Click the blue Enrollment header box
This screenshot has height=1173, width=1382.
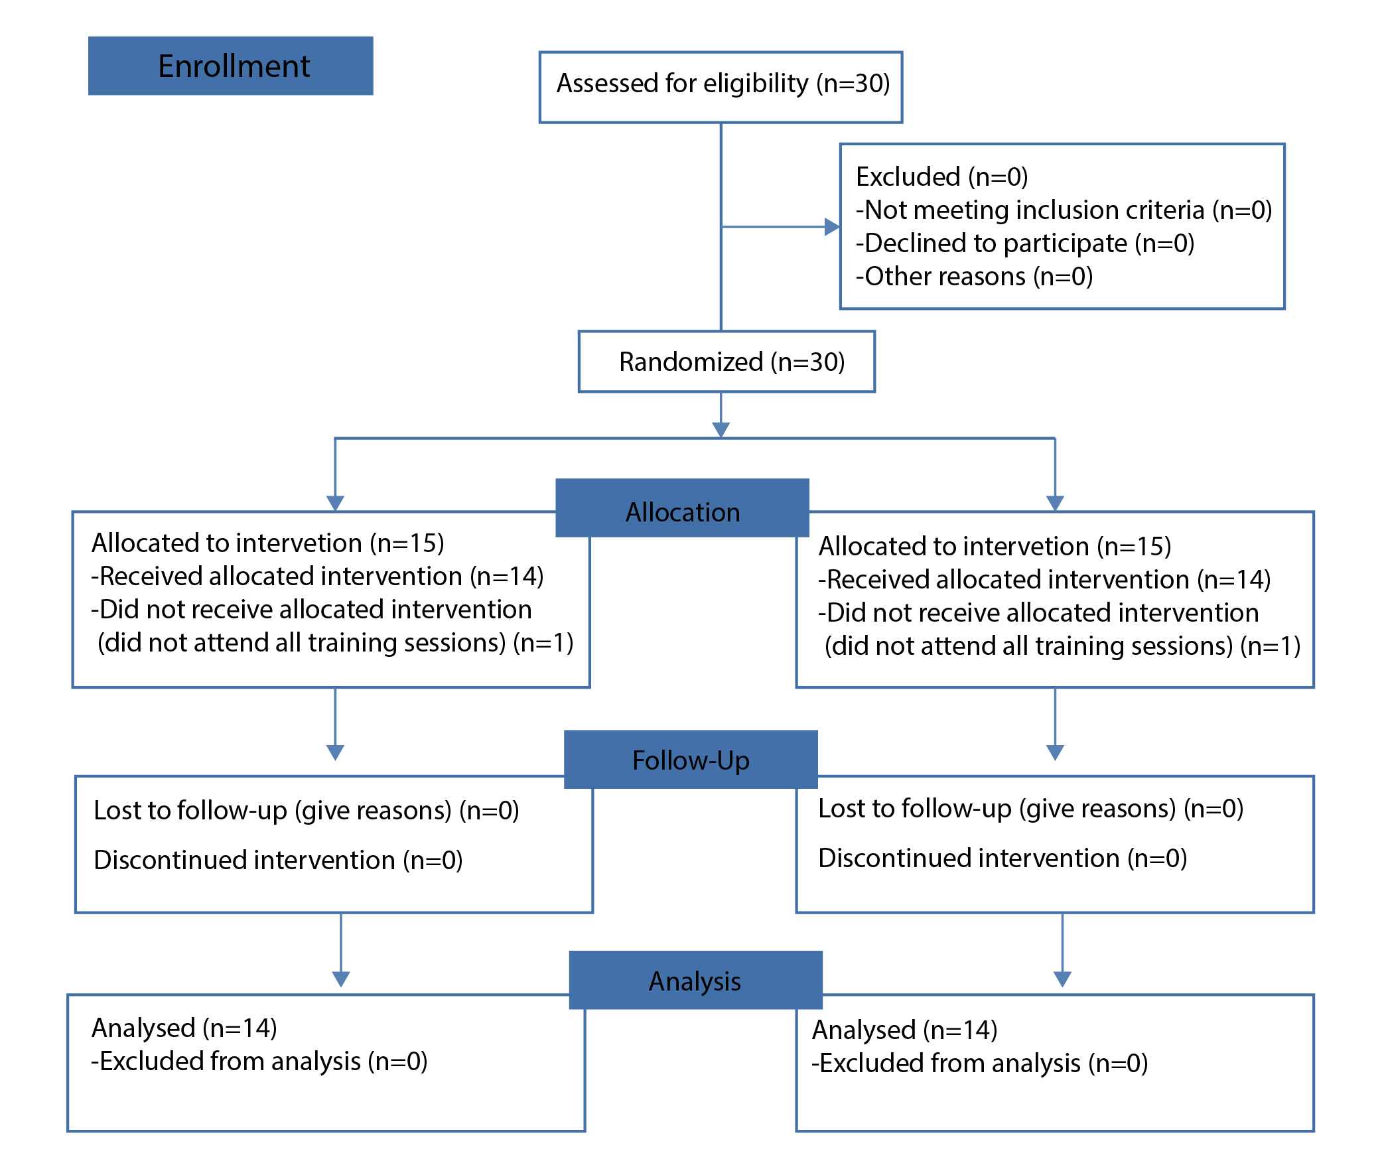coord(230,66)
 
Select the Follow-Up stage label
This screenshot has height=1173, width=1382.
coord(691,760)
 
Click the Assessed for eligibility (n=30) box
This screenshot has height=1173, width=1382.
coord(721,87)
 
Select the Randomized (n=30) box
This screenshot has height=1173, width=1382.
coord(727,362)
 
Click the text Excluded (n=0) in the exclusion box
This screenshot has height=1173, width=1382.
coord(941,177)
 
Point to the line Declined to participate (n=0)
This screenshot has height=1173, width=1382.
coord(1025,243)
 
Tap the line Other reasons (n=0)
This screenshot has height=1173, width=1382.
coord(975,277)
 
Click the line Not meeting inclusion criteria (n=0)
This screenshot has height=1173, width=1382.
coord(1064,210)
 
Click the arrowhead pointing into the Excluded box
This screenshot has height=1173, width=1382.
coord(832,227)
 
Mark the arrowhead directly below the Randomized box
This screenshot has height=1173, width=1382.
coord(721,429)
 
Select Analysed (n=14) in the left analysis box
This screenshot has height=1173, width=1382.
coord(184,1028)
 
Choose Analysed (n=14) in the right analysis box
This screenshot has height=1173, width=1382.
coord(904,1030)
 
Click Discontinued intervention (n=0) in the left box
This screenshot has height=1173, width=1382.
coord(278,861)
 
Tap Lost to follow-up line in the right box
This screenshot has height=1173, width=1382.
coord(1031,809)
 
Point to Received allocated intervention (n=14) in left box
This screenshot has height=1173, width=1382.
coord(317,577)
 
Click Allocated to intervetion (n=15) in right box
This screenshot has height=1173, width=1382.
coord(995,547)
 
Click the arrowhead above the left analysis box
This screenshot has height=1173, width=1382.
coord(341,979)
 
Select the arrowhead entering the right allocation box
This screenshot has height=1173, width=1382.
coord(1056,504)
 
